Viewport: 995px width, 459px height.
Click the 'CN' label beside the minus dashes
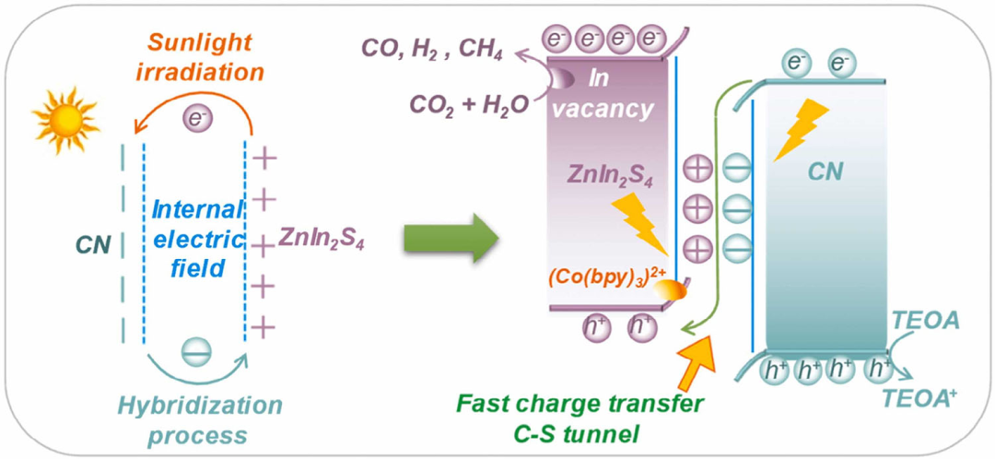point(95,244)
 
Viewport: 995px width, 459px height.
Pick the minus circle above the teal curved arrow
point(196,351)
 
